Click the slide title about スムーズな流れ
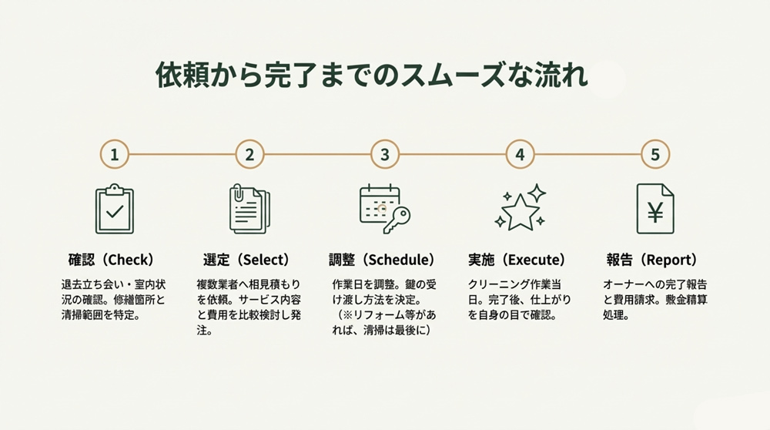(x=372, y=77)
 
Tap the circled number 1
(x=114, y=154)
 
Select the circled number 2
(x=249, y=154)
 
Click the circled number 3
(x=385, y=154)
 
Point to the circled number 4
(x=521, y=154)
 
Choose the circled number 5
(x=655, y=154)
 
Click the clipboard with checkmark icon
(x=114, y=209)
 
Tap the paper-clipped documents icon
(x=249, y=209)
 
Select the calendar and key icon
(x=384, y=208)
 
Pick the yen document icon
(x=655, y=209)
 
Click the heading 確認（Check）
(x=112, y=260)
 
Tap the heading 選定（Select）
(x=246, y=260)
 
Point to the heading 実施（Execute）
(x=517, y=260)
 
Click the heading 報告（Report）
(x=651, y=260)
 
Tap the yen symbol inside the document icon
(x=655, y=213)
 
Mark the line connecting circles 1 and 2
(x=182, y=154)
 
